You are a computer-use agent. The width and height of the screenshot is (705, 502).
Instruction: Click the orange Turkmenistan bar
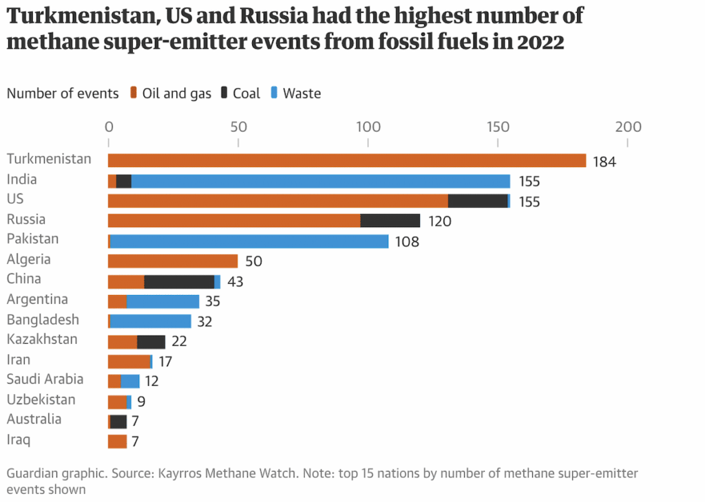coord(347,160)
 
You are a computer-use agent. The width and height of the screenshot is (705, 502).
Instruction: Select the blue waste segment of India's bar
coord(320,181)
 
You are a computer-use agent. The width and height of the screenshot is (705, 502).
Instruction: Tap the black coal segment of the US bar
coord(478,201)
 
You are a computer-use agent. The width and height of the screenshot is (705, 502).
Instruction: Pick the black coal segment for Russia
coord(390,221)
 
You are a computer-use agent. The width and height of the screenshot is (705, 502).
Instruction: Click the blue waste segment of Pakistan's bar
coord(249,241)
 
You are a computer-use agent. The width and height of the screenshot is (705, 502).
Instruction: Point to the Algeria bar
coord(173,261)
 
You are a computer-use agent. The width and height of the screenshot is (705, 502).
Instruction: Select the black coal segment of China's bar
coord(179,281)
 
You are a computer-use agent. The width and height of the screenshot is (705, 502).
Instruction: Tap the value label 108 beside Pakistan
coord(407,242)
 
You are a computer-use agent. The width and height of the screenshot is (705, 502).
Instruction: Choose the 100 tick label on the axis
coord(368,127)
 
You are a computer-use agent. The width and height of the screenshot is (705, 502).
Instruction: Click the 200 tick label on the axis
coord(627,127)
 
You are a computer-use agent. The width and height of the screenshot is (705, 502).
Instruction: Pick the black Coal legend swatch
coord(224,93)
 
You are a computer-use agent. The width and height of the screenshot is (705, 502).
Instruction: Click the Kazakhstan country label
coord(42,340)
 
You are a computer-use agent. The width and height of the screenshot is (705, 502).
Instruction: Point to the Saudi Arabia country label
coord(45,379)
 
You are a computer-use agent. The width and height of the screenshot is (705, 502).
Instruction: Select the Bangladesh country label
coord(43,320)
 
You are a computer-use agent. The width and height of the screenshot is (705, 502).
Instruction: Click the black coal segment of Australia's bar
coord(118,422)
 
